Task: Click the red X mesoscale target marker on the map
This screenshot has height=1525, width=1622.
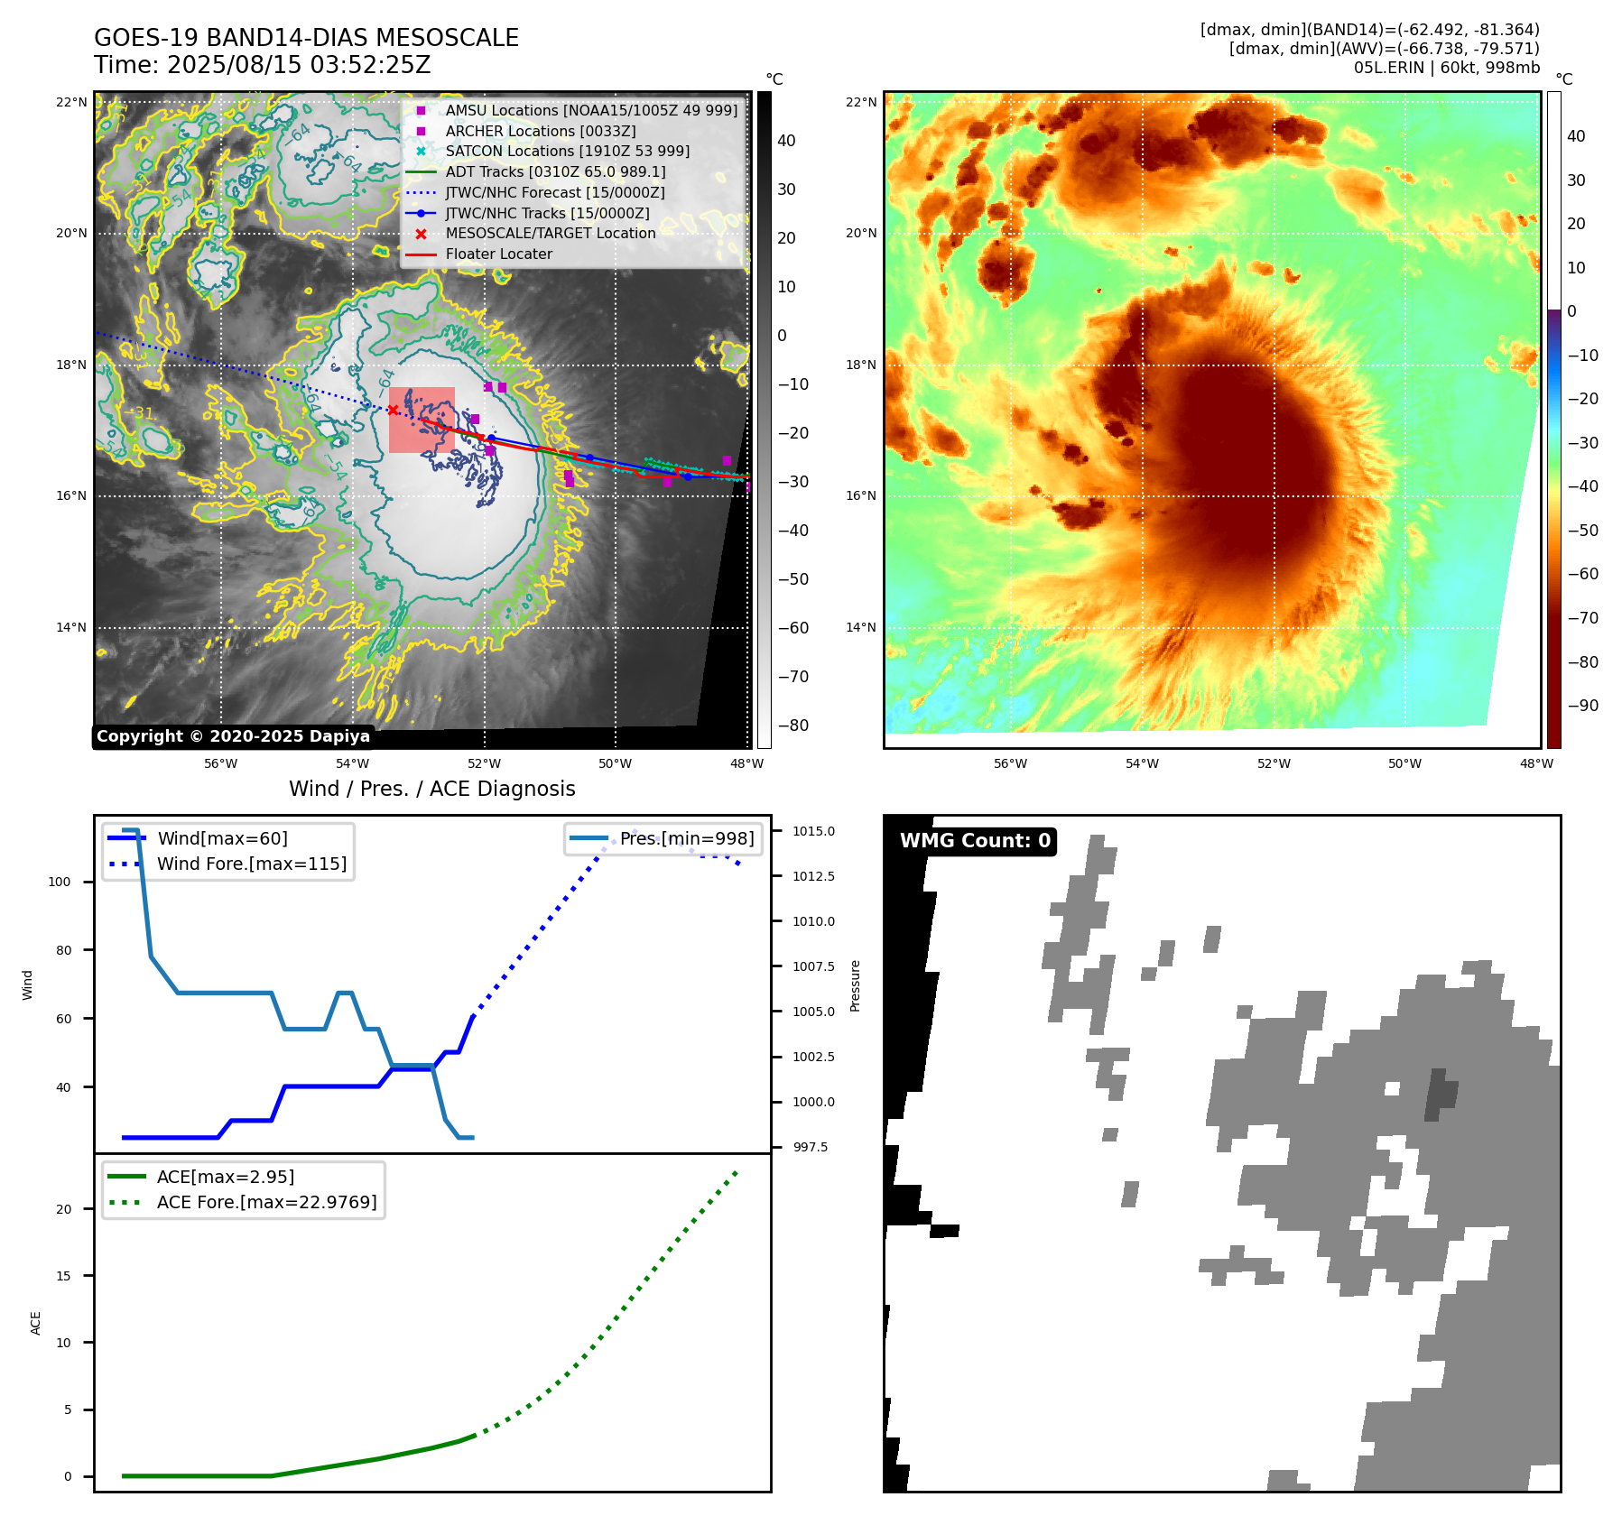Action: coord(394,410)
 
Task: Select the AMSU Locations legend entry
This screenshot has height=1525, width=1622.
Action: coord(590,110)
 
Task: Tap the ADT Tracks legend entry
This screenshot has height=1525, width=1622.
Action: coord(555,171)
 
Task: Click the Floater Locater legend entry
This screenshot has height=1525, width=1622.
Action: coord(498,254)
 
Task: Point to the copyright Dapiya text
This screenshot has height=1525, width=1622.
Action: coord(233,736)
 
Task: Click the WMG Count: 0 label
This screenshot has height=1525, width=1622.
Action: coord(975,841)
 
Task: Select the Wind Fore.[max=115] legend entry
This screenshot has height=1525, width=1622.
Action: coord(251,864)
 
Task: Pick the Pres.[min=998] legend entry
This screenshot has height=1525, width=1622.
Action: coord(686,838)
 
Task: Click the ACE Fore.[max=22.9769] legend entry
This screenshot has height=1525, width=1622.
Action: coord(266,1202)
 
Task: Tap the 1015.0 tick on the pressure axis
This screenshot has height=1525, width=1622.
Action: coord(813,831)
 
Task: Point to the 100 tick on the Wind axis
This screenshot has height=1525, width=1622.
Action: coord(60,882)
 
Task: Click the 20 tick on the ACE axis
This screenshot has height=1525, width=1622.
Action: coord(64,1209)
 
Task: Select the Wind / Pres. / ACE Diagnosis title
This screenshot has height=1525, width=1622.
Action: coord(431,789)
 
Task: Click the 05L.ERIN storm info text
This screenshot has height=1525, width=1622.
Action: coord(1446,68)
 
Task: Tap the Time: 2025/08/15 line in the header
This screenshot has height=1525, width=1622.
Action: coord(262,65)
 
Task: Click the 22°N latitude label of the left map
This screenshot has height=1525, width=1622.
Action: coord(71,102)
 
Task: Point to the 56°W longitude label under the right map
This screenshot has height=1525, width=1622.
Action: coord(1010,763)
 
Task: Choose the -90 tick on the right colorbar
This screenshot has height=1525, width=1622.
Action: coord(1582,706)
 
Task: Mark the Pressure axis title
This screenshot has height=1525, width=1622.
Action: coord(855,985)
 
